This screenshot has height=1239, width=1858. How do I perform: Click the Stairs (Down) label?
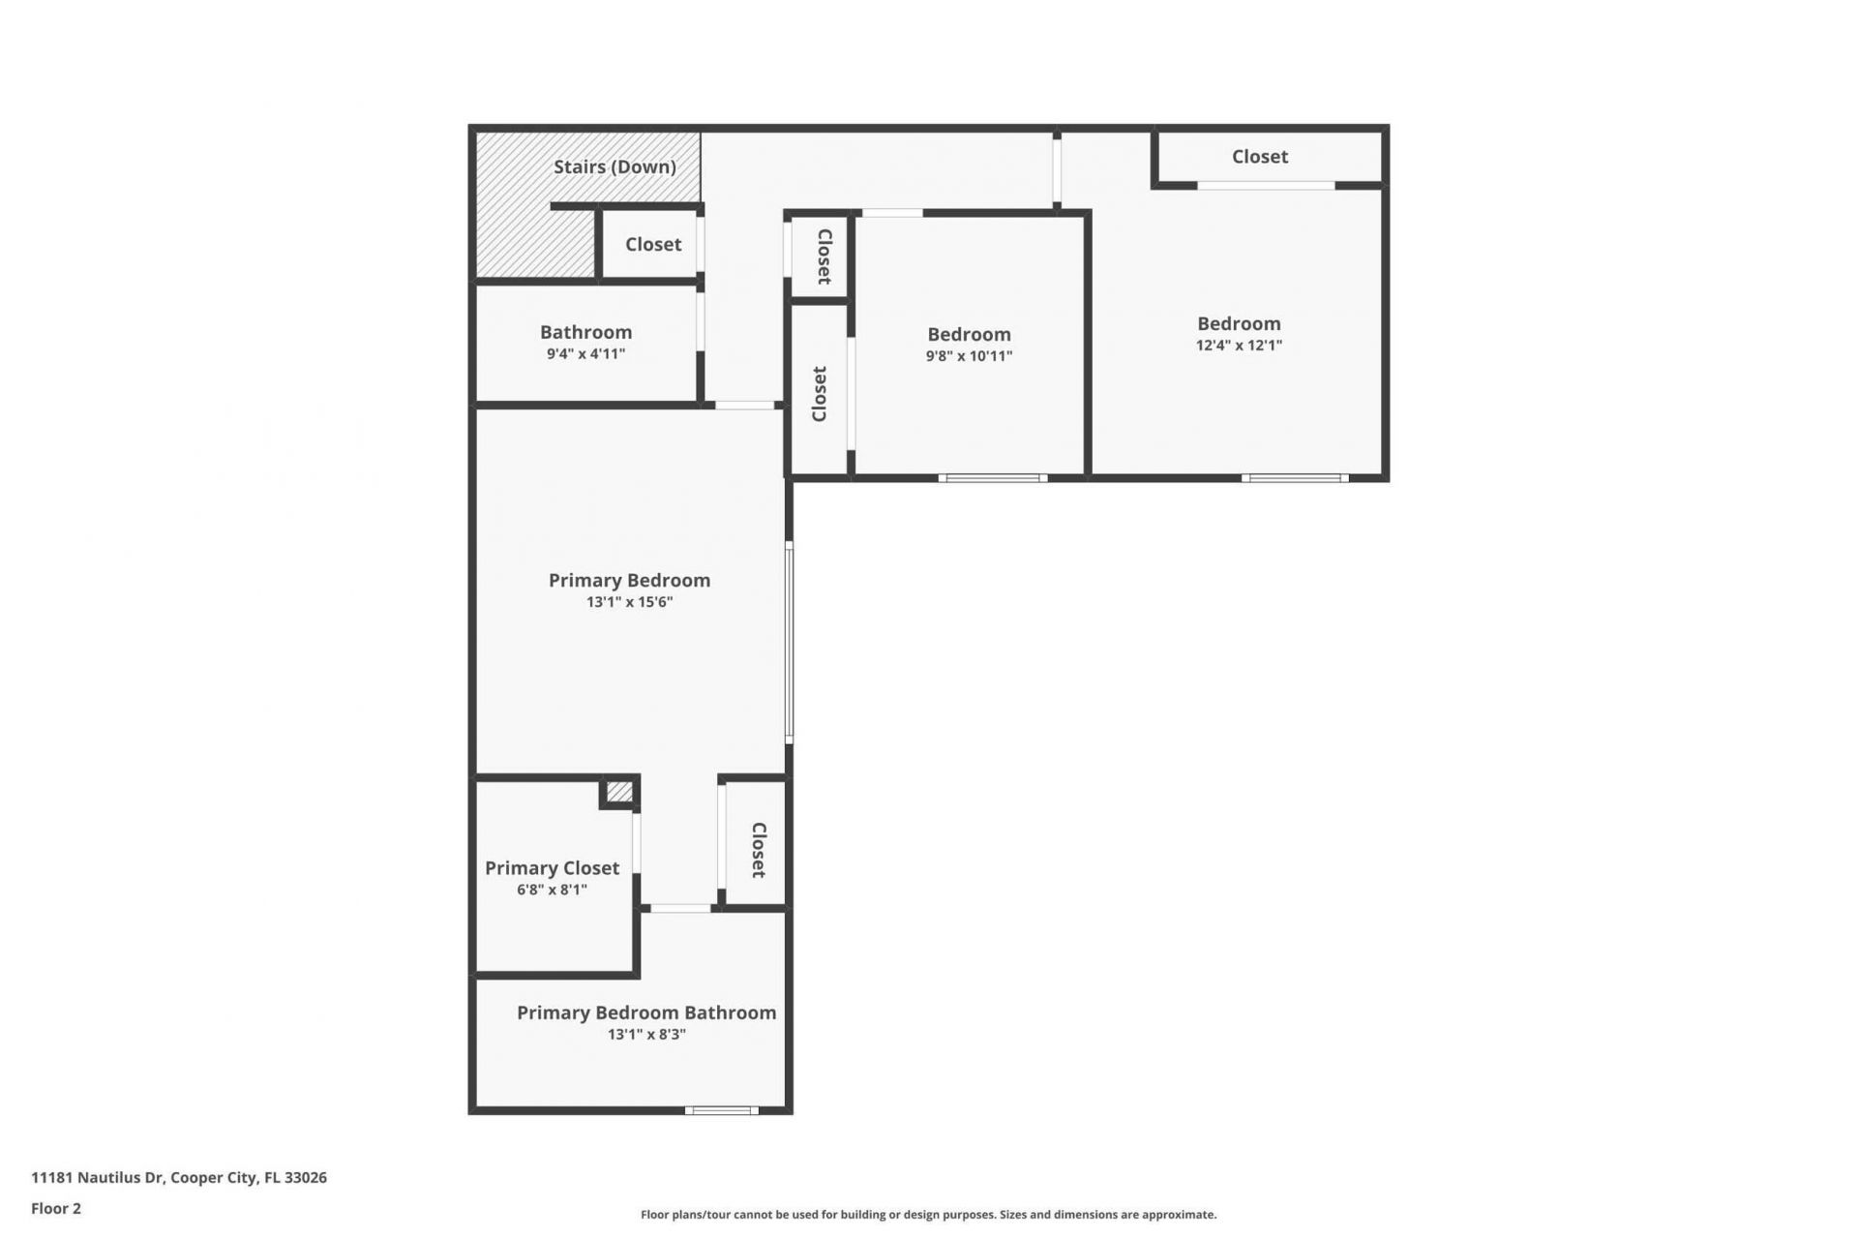pyautogui.click(x=614, y=166)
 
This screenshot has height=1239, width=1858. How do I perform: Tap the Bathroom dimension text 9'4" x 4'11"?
pyautogui.click(x=585, y=354)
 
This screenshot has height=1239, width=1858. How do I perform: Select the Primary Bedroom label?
pyautogui.click(x=629, y=580)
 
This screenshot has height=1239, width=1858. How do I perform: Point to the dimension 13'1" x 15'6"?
pyautogui.click(x=629, y=602)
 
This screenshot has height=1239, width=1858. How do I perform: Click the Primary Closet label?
pyautogui.click(x=552, y=868)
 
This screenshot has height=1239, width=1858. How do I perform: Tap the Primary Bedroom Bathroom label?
pyautogui.click(x=645, y=1012)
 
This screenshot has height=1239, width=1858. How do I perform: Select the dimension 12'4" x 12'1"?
pyautogui.click(x=1239, y=346)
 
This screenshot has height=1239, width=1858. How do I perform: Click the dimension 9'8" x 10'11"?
pyautogui.click(x=969, y=356)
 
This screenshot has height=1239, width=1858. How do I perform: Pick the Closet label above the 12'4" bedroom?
pyautogui.click(x=1259, y=157)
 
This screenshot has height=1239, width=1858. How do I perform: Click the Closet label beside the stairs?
pyautogui.click(x=653, y=244)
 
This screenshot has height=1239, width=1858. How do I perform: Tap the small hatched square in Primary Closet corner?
pyautogui.click(x=619, y=793)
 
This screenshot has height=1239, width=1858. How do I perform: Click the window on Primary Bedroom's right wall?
pyautogui.click(x=790, y=642)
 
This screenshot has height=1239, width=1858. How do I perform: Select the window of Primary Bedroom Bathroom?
pyautogui.click(x=722, y=1109)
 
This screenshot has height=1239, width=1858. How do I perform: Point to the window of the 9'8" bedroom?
pyautogui.click(x=993, y=477)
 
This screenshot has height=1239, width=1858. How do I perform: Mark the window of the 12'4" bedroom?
pyautogui.click(x=1295, y=477)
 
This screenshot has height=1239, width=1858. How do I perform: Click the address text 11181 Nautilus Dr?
pyautogui.click(x=178, y=1178)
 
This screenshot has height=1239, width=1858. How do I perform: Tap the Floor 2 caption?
pyautogui.click(x=56, y=1208)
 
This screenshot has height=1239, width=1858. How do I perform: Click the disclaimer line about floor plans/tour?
pyautogui.click(x=928, y=1215)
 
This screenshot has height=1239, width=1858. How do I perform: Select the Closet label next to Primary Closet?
pyautogui.click(x=759, y=850)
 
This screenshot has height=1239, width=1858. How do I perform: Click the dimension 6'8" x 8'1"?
pyautogui.click(x=552, y=890)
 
